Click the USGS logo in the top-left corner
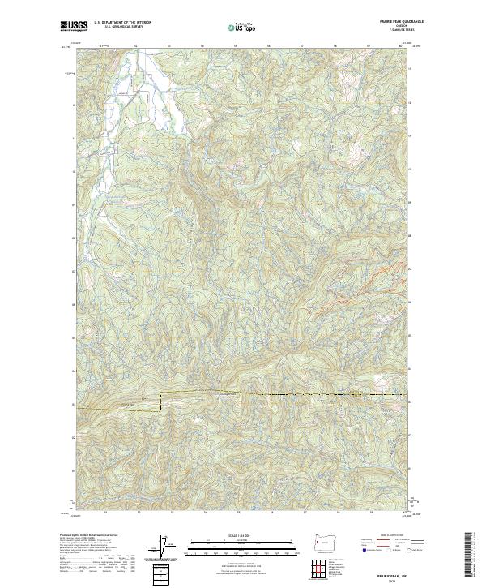(74, 27)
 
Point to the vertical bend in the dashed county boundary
(160, 401)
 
